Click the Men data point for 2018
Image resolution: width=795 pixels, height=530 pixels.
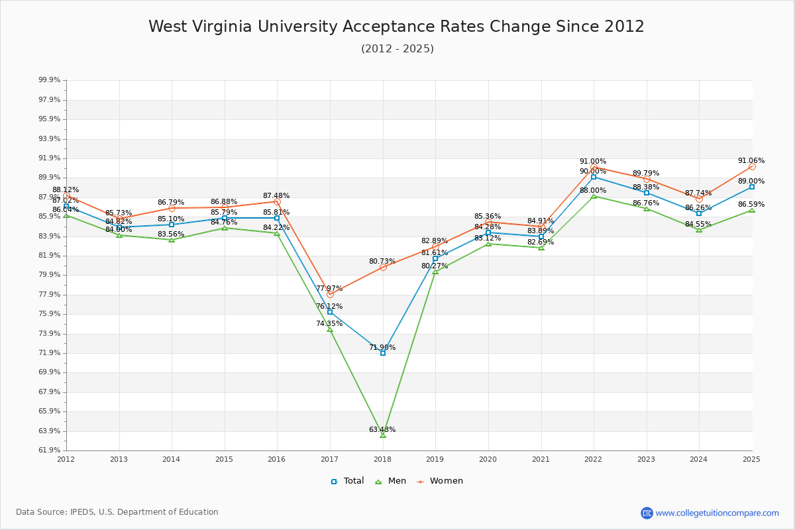383,435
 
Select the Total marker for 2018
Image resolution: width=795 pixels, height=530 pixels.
383,353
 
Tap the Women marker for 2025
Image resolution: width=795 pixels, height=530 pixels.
752,167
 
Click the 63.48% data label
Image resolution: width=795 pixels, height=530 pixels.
382,429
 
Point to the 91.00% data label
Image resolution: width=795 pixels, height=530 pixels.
593,161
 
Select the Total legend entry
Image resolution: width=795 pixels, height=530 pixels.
348,481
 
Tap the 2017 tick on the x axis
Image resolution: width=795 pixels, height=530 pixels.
330,458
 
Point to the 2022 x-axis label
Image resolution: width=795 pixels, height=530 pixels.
593,458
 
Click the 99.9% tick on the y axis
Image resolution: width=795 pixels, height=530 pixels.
50,80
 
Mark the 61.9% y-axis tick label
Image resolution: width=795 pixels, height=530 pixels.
50,450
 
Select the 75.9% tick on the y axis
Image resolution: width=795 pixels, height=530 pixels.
50,314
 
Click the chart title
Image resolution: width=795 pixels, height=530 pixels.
396,26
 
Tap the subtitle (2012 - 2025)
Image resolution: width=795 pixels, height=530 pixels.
397,48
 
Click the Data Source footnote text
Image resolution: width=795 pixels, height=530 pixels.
117,512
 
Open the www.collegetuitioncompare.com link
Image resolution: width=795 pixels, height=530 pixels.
717,513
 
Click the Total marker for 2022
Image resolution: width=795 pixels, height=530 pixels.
594,177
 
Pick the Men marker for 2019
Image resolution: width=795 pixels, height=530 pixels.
435,272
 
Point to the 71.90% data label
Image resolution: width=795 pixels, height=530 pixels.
382,347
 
